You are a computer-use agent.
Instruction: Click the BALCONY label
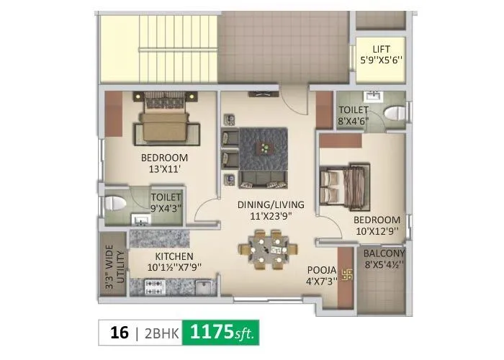click(383, 253)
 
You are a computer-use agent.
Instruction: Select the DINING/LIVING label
click(265, 204)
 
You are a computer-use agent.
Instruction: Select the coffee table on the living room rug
click(264, 148)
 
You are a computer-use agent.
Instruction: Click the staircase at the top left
click(157, 43)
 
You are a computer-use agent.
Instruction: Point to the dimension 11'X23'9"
click(266, 215)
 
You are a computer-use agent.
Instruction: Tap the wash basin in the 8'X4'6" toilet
click(373, 96)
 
